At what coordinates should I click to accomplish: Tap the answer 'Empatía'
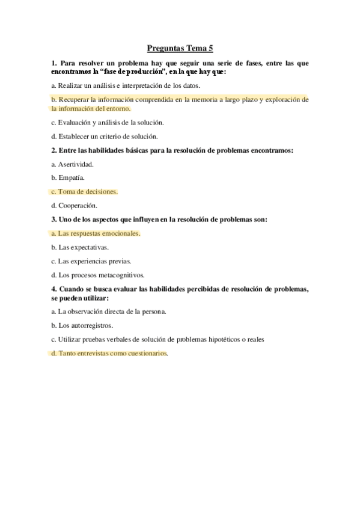pyautogui.click(x=68, y=177)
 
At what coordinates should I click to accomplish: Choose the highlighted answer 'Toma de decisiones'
pyautogui.click(x=84, y=191)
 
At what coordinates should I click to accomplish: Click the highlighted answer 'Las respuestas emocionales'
pyautogui.click(x=96, y=233)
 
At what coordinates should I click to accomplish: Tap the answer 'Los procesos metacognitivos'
pyautogui.click(x=98, y=275)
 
